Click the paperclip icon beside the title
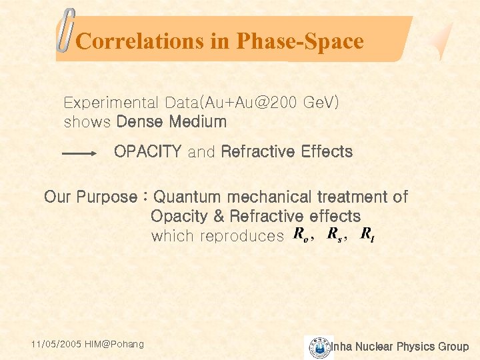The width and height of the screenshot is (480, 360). tap(65, 31)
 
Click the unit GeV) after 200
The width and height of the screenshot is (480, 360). tap(321, 103)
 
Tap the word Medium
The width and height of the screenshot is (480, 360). tap(198, 122)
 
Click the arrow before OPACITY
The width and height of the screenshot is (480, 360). tap(79, 153)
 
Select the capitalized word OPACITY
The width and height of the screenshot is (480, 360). tap(147, 151)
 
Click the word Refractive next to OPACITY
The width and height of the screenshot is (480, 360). tap(258, 151)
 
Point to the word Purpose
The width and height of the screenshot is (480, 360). tap(107, 197)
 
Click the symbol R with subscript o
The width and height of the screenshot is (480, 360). tap(301, 235)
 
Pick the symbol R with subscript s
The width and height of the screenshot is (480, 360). tap(334, 235)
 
